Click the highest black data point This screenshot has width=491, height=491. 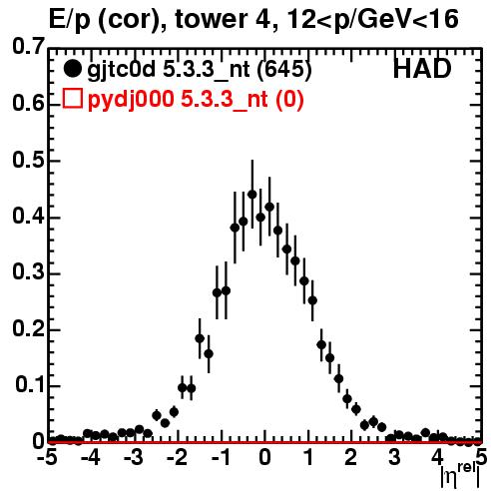(252, 195)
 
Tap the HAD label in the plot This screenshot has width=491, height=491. (422, 69)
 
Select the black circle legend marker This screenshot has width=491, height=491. (72, 69)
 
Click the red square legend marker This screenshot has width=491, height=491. (72, 98)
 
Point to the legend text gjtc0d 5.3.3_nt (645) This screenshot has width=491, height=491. (200, 70)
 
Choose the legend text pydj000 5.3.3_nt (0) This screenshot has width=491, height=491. (196, 100)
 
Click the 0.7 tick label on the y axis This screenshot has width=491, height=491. (28, 47)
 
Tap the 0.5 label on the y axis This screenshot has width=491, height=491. (28, 161)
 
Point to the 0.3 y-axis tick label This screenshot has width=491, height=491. (28, 272)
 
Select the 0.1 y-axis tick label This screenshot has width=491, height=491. (30, 385)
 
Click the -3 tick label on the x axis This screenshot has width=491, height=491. (134, 457)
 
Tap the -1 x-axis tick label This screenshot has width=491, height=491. (222, 457)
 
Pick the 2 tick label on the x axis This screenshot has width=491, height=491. (350, 457)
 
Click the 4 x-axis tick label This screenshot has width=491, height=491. (437, 457)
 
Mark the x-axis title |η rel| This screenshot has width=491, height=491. (460, 476)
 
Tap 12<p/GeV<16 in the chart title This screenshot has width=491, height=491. (372, 21)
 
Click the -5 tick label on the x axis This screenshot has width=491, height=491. (47, 457)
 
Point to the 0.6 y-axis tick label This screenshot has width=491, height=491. (28, 103)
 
